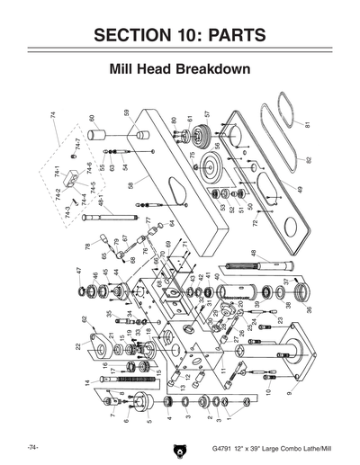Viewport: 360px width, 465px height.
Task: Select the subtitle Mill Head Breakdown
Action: coord(179,68)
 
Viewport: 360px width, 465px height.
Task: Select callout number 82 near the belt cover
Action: coord(308,159)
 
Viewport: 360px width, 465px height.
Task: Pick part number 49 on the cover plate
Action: coord(300,190)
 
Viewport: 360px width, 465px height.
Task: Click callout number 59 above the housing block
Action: coord(127,114)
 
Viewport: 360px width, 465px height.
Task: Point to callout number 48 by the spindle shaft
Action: coord(253,254)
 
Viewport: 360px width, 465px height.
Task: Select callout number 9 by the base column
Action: coord(289,393)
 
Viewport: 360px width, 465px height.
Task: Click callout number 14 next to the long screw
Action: coord(87,383)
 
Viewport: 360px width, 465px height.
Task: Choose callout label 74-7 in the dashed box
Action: coord(78,143)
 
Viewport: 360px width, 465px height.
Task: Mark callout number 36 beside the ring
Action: coord(310,309)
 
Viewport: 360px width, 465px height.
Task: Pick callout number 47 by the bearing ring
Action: coord(78,271)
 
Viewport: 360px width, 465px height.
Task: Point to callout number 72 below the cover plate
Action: coord(255,221)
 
